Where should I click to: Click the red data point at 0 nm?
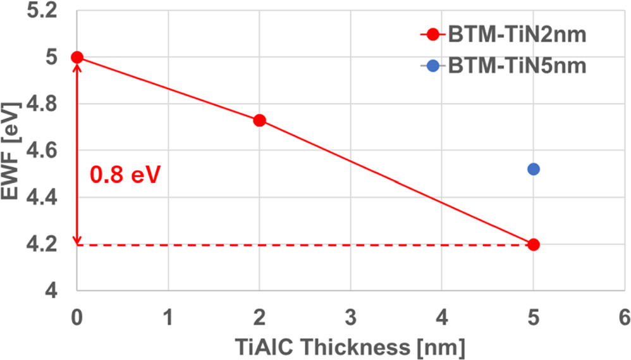[77, 57]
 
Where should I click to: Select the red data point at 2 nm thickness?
[260, 120]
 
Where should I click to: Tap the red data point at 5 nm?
[534, 244]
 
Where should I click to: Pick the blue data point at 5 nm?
[534, 169]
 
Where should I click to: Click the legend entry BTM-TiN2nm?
[503, 35]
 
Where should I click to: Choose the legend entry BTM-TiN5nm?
[503, 66]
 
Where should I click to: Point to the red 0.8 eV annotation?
[125, 175]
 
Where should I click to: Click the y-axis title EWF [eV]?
[10, 151]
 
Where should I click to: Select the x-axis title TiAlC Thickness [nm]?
[350, 347]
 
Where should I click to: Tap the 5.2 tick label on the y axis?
[42, 11]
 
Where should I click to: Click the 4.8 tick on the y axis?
[42, 104]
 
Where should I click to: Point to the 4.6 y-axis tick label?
[42, 151]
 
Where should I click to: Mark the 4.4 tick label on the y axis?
[42, 198]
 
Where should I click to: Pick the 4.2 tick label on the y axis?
[42, 244]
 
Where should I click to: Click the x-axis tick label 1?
[168, 317]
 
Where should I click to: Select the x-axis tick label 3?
[351, 317]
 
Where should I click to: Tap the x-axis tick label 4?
[442, 317]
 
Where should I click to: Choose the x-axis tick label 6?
[625, 317]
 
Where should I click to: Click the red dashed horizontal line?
[305, 244]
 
